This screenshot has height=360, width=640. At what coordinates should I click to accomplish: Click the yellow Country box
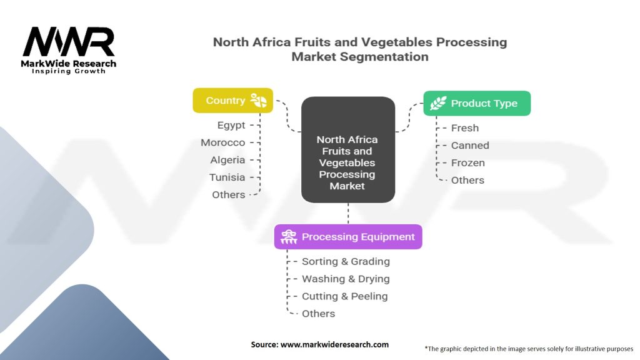232,101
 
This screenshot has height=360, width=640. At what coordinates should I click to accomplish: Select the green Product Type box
477,103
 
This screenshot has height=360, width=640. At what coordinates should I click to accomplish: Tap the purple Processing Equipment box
348,237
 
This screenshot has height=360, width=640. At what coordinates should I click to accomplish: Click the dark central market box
347,149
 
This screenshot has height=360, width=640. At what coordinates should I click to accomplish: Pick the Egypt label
231,125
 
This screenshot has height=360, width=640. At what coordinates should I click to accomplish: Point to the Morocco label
223,142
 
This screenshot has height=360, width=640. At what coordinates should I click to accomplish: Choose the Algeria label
227,160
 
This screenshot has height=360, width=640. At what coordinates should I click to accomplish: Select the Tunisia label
227,177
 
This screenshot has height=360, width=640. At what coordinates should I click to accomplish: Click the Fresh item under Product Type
465,128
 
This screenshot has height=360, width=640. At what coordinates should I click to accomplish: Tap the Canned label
470,146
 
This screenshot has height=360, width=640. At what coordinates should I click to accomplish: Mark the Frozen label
468,163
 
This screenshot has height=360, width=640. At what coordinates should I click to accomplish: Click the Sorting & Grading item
346,262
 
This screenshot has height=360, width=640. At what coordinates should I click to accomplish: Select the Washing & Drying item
346,279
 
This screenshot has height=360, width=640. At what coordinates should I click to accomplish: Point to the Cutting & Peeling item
344,296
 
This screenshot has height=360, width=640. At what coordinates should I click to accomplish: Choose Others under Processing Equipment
318,314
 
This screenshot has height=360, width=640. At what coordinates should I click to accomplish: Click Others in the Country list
228,195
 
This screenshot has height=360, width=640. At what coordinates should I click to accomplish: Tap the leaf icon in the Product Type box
438,103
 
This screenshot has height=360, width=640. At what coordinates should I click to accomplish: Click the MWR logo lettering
69,43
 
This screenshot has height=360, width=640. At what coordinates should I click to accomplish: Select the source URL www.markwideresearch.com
334,344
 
